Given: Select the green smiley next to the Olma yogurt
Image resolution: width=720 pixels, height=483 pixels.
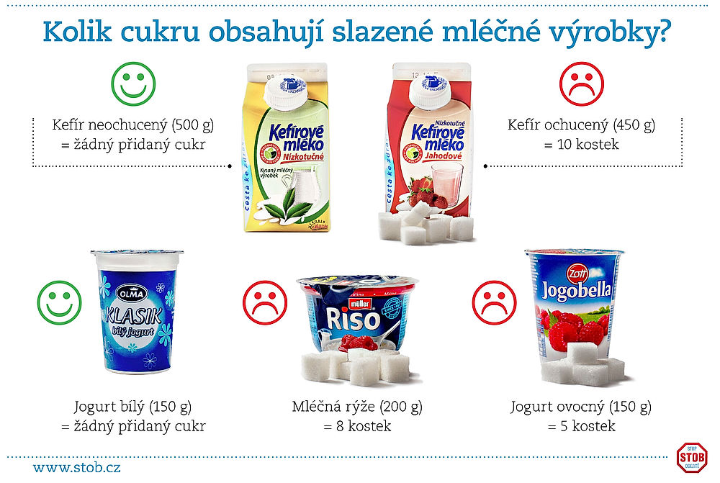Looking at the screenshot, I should (x=60, y=300).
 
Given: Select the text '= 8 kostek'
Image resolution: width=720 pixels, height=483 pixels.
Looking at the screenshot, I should (x=357, y=426).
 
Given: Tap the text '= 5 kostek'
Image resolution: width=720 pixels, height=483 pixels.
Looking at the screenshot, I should (x=582, y=426).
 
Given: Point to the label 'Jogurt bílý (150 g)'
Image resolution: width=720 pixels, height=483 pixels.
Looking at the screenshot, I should (x=133, y=407).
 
